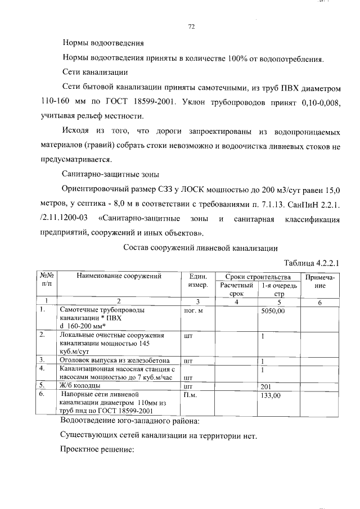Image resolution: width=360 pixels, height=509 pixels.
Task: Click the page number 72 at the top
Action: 191,26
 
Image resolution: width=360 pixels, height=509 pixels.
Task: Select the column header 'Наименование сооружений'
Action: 119,276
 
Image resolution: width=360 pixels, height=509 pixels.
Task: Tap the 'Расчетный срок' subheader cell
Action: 237,290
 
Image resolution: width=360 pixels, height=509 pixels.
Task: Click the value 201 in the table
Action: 267,386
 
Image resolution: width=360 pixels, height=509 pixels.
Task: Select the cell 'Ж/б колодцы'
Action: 80,386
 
